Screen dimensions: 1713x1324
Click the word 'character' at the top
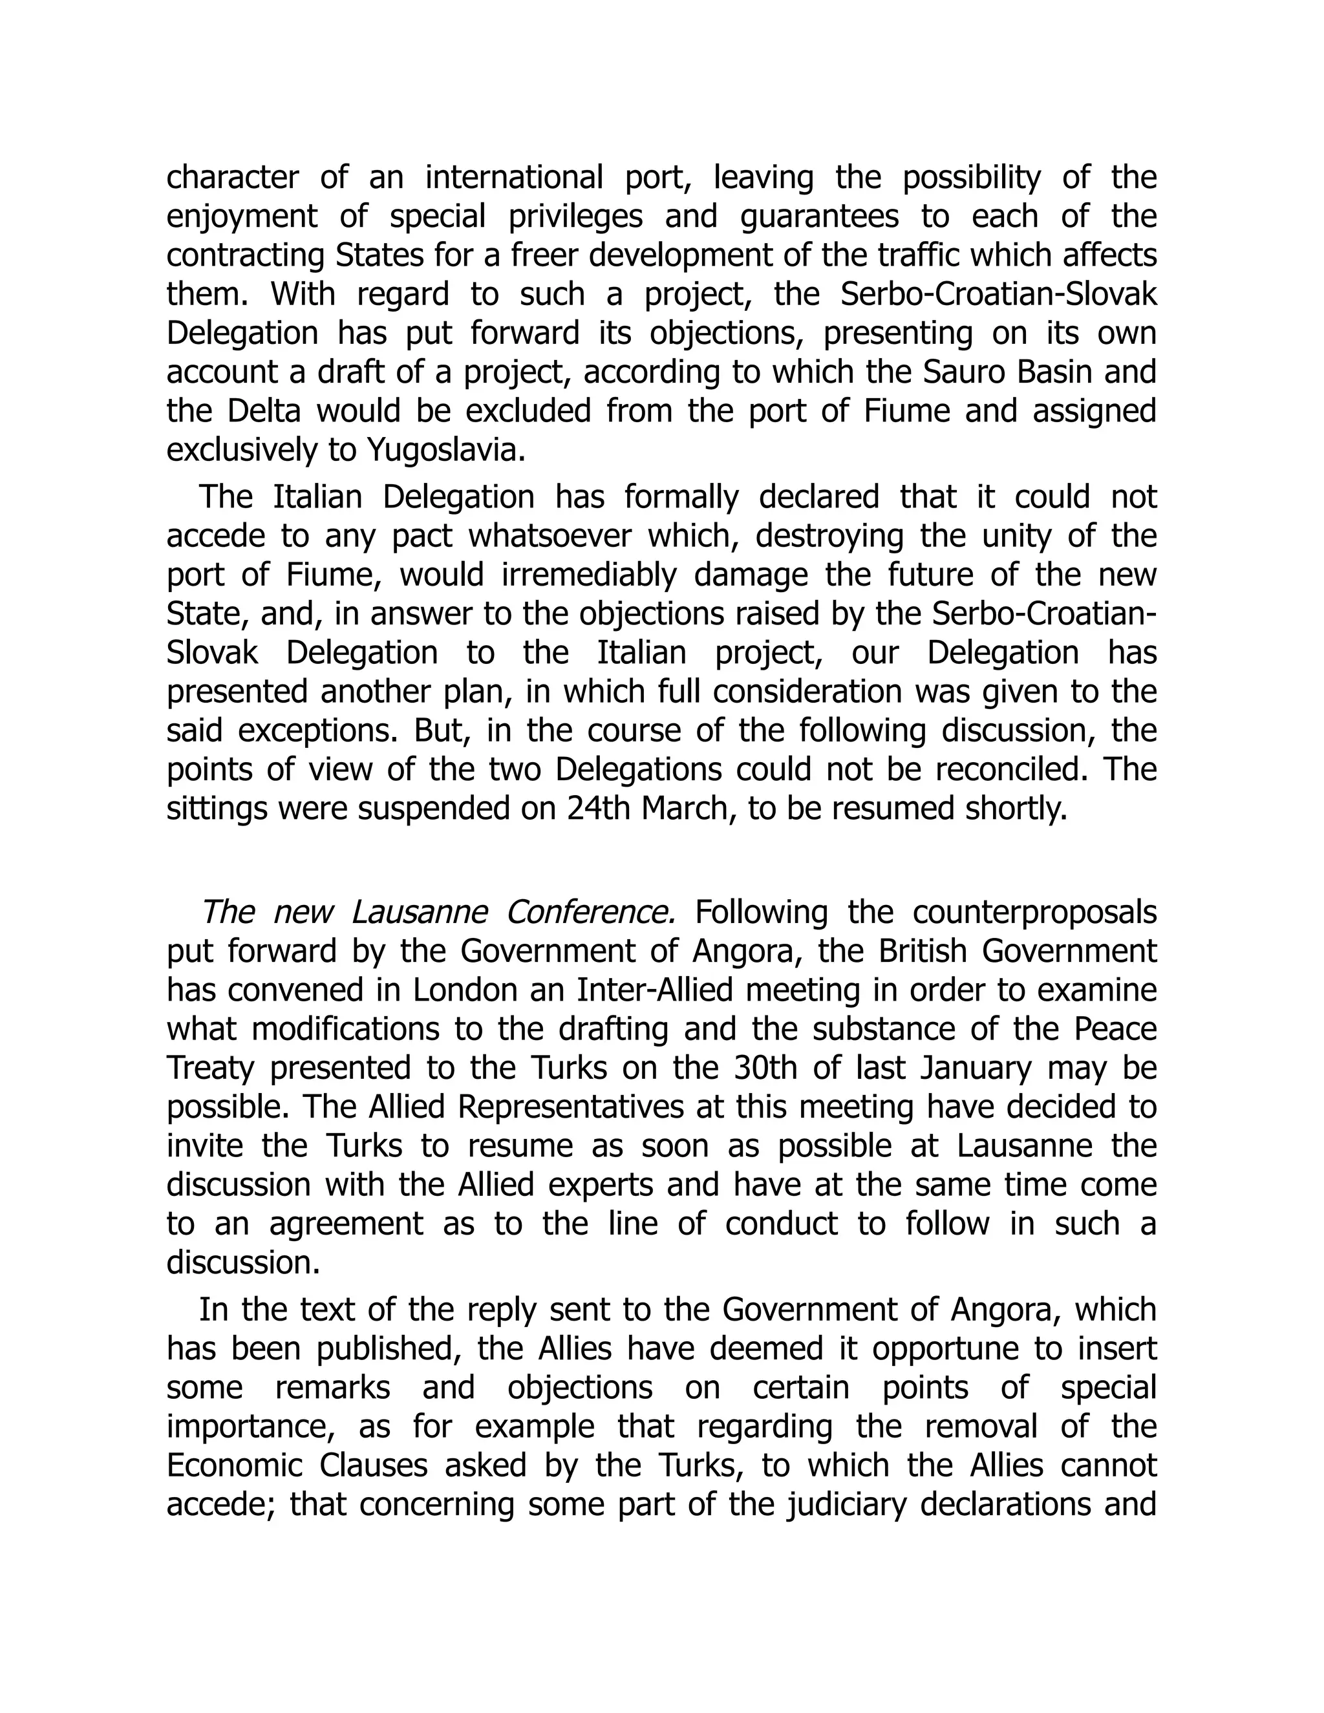[232, 177]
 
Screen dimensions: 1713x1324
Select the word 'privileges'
[576, 217]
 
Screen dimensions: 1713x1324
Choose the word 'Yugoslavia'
[445, 450]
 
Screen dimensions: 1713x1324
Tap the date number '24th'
[599, 809]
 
